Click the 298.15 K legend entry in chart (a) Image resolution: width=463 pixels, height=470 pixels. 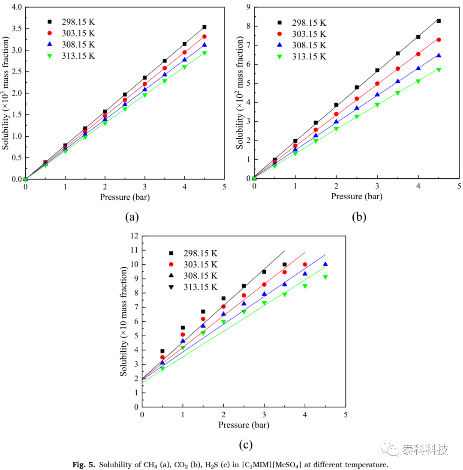[x=71, y=22]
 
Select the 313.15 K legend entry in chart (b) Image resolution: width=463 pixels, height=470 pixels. [x=302, y=57]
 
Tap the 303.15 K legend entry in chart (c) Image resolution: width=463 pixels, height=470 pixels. [x=193, y=264]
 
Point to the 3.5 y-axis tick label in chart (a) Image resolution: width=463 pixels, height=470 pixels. [x=17, y=28]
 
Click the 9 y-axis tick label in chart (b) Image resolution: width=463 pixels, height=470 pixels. [x=248, y=7]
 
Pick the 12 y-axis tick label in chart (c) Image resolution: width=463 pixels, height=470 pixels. [x=134, y=236]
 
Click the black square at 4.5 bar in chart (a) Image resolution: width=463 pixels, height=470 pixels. [x=204, y=27]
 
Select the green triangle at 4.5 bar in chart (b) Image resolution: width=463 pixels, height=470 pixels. [x=439, y=70]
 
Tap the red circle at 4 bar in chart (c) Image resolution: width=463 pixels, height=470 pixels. [x=305, y=264]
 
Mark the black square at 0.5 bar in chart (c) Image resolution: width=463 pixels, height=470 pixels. [x=162, y=351]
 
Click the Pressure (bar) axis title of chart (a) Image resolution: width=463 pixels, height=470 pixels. [x=125, y=197]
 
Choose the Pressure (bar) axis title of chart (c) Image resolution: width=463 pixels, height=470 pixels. [x=244, y=425]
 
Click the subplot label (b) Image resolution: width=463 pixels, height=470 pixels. [x=359, y=217]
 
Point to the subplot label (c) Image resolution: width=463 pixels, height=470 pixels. [x=246, y=445]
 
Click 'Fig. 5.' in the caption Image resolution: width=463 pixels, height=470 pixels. [x=84, y=464]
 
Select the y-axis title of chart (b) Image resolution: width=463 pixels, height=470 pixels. [x=240, y=93]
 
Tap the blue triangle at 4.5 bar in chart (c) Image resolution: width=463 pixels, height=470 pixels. [x=325, y=264]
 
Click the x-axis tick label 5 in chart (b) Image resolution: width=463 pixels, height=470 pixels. [x=459, y=186]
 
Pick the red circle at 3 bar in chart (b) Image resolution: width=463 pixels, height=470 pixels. [x=377, y=84]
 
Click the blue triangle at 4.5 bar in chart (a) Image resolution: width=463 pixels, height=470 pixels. [x=204, y=45]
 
